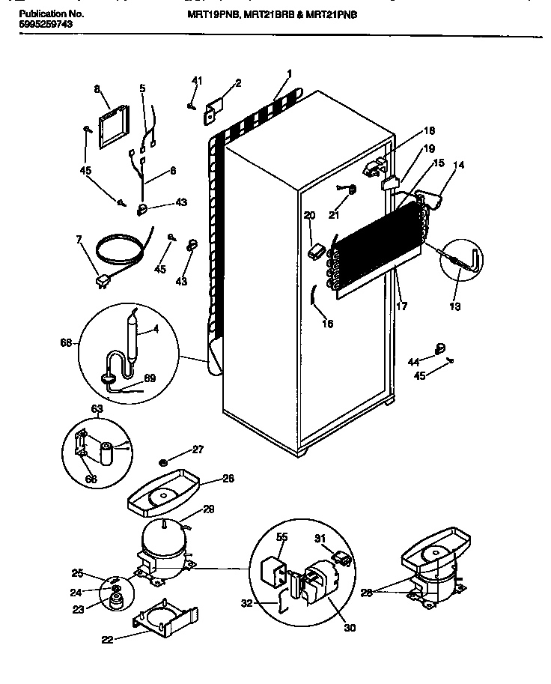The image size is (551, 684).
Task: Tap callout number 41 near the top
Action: pyautogui.click(x=196, y=81)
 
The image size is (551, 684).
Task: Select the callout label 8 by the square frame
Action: pyautogui.click(x=97, y=89)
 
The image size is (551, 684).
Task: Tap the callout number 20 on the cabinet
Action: pyautogui.click(x=309, y=216)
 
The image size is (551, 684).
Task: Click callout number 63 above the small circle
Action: pyautogui.click(x=97, y=408)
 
